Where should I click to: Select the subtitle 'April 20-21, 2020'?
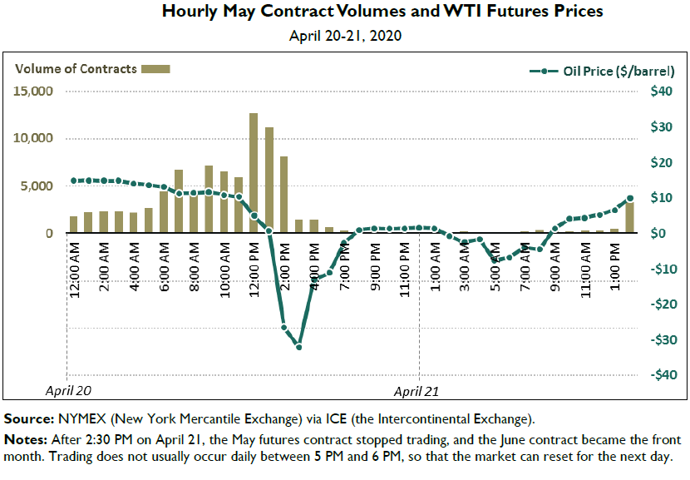tap(345, 36)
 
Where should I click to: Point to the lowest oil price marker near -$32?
tap(298, 346)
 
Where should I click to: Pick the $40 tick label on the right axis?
tap(661, 92)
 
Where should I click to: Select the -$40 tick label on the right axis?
tap(658, 375)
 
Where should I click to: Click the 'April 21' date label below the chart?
tap(416, 389)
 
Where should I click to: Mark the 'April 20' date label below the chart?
tap(67, 389)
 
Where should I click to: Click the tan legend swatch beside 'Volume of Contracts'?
tap(156, 69)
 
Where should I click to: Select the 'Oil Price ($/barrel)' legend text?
tap(606, 72)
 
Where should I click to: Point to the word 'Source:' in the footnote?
tap(30, 418)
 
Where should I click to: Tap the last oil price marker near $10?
tap(629, 199)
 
